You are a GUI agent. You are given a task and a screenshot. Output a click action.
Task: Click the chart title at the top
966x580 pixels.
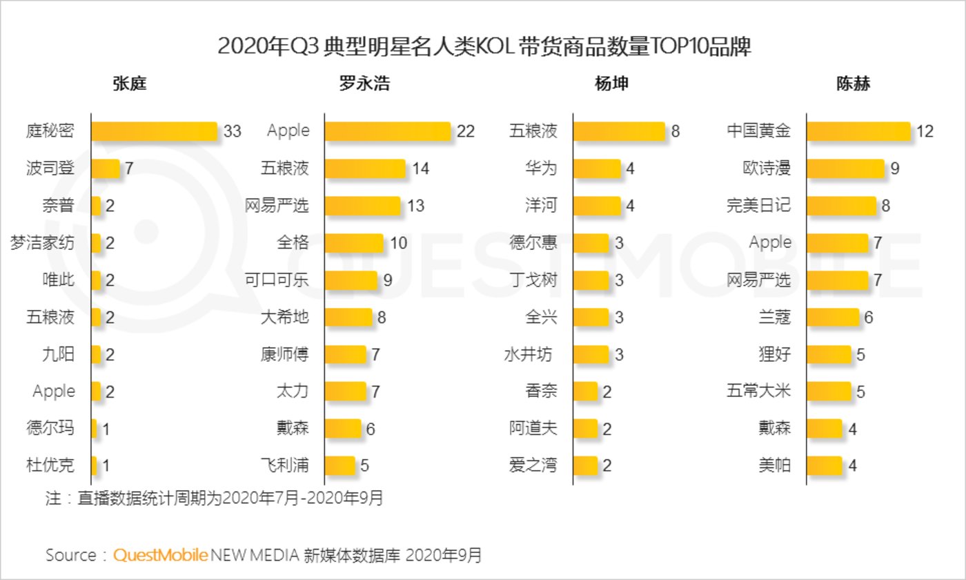484,46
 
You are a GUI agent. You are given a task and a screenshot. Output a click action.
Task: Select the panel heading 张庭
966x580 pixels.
130,84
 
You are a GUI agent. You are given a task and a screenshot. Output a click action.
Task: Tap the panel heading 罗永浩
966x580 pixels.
364,84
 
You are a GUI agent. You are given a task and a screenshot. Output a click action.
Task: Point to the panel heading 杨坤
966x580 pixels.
611,84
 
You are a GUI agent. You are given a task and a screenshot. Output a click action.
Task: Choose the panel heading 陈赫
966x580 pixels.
853,84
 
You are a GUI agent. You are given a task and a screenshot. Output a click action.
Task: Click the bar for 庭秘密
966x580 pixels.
154,130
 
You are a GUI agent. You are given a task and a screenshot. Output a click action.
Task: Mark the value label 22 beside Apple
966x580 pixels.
466,130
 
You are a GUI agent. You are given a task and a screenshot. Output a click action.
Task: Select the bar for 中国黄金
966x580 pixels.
858,130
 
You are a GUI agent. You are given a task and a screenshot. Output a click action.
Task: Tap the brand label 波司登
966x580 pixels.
50,168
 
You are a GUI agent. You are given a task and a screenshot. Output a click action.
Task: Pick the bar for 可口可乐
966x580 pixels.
351,280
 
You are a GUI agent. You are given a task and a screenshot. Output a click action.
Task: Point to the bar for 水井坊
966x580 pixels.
591,355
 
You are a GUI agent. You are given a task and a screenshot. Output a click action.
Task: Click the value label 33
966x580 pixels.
233,130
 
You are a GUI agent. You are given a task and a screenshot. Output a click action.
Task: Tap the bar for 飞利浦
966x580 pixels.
340,465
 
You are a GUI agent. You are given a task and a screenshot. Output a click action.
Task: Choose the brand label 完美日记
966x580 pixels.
758,205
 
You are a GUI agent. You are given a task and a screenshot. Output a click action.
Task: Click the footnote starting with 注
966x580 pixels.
214,498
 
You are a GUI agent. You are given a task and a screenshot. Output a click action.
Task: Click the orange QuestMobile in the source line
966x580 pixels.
161,555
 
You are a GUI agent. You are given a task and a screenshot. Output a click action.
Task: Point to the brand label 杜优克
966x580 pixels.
50,465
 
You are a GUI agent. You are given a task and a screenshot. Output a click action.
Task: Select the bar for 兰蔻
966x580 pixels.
833,318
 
